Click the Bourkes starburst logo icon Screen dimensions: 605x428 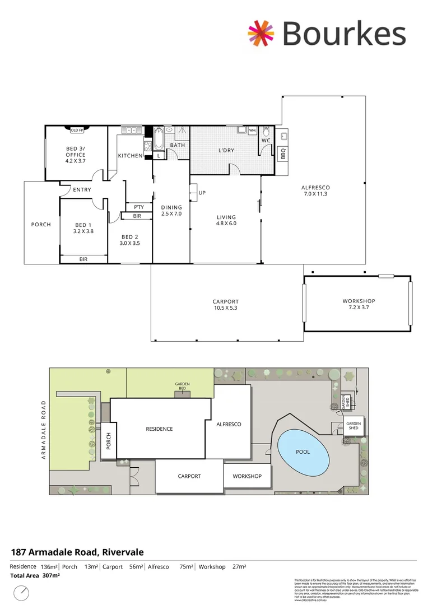262,32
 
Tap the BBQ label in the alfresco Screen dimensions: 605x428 283,153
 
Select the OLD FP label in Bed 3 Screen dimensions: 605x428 77,130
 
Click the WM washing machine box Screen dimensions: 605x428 252,131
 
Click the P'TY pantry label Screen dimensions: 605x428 139,207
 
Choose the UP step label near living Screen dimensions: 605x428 202,193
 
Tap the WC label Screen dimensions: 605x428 266,141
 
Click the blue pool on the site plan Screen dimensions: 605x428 303,452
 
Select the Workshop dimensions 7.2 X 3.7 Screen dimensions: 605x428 359,308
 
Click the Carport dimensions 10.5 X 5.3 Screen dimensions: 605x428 226,308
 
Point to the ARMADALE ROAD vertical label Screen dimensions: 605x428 42,430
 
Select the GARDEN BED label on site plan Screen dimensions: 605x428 183,385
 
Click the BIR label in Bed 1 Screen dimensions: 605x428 83,259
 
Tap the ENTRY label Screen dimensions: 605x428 82,190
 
